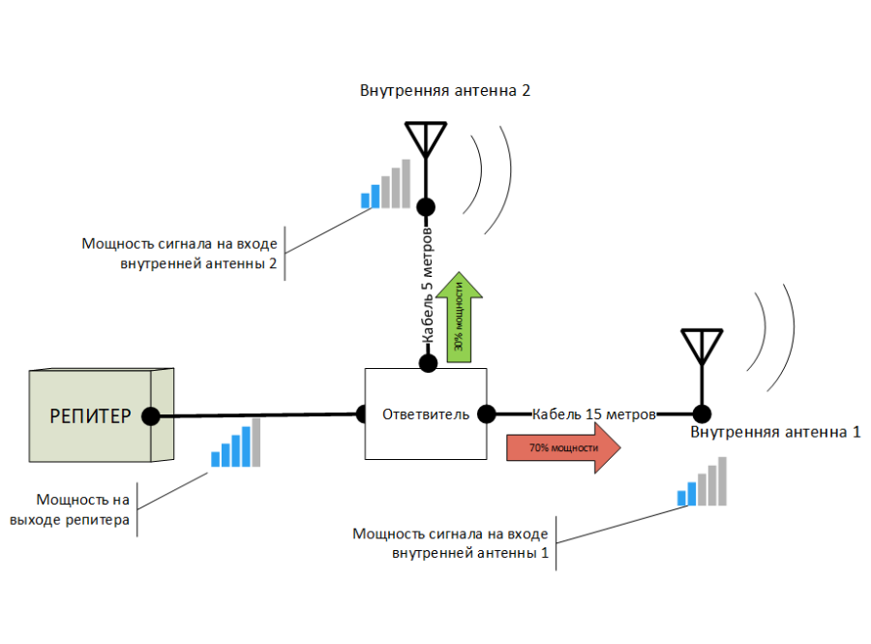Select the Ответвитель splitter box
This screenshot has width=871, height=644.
[426, 414]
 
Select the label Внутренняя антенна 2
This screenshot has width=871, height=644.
[445, 91]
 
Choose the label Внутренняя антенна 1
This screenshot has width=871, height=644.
[775, 432]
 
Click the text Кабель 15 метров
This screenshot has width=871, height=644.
[594, 414]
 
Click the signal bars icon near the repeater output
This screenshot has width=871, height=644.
[236, 444]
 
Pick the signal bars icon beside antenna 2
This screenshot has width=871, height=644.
[386, 185]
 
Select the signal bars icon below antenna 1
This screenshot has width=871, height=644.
[703, 482]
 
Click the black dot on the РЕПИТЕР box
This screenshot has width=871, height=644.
[151, 416]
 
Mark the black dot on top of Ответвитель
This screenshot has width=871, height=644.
[427, 363]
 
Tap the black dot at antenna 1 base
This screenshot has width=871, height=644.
[702, 414]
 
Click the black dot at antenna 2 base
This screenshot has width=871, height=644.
[425, 206]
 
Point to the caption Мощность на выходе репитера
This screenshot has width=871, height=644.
[82, 510]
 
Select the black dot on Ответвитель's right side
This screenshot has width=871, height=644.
[488, 414]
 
